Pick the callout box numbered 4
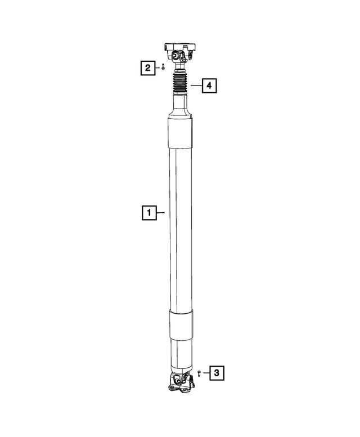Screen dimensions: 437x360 pos(209,85)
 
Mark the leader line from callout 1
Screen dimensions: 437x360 pos(160,213)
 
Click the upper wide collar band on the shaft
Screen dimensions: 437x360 pos(179,133)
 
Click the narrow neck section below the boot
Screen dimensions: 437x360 pos(182,105)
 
